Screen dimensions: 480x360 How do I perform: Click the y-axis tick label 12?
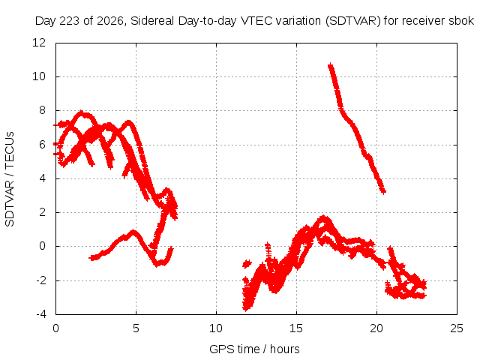(x=39, y=43)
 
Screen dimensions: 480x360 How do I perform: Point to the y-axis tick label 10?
(x=39, y=76)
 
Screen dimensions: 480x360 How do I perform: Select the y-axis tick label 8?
(x=42, y=110)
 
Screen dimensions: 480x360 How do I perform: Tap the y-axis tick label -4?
(x=41, y=314)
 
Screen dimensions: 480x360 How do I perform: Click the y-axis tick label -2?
(x=41, y=280)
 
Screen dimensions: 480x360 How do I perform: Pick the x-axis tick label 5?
(x=136, y=328)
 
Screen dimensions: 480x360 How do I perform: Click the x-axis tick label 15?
(x=296, y=328)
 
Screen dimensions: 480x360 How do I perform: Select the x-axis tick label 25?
(x=457, y=328)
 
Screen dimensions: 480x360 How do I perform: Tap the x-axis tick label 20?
(x=376, y=328)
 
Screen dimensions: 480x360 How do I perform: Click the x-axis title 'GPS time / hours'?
(x=254, y=349)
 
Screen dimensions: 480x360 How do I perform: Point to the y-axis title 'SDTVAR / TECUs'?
(x=10, y=179)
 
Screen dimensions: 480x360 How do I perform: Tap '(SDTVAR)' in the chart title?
(x=352, y=21)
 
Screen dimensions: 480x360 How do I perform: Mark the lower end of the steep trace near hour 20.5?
(x=384, y=192)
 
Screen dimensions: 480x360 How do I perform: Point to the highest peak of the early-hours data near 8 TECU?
(x=81, y=112)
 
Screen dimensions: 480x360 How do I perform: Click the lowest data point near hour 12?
(x=246, y=309)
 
